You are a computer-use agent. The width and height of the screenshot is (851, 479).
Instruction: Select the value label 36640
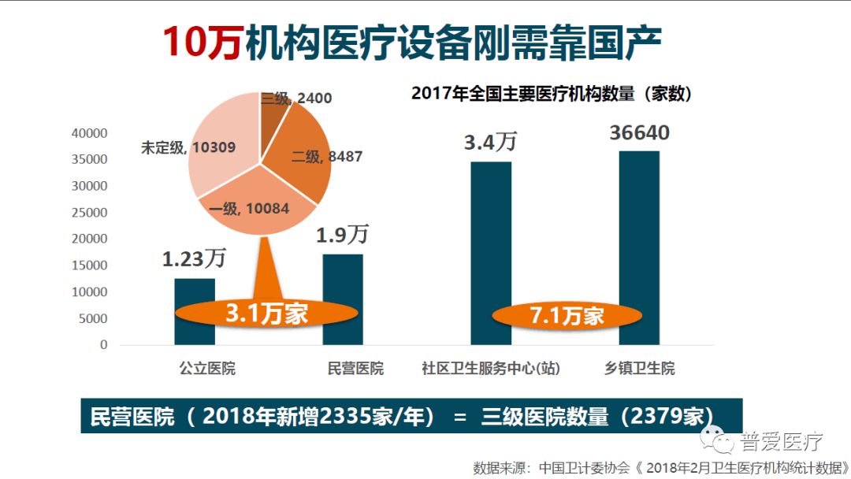[x=639, y=132]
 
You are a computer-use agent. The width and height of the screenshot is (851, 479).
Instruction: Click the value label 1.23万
[x=194, y=258]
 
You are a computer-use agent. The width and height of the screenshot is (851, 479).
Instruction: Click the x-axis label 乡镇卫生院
[x=639, y=369]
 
